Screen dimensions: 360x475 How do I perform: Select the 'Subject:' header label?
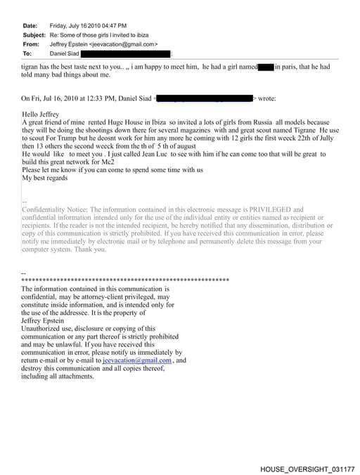click(34, 34)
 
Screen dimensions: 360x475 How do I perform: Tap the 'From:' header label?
click(31, 44)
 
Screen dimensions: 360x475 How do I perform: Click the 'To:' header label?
click(27, 53)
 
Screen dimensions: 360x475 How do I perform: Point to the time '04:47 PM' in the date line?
click(102, 25)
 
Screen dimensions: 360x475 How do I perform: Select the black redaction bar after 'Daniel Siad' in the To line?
click(126, 53)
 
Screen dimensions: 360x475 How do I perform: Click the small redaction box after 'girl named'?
click(266, 67)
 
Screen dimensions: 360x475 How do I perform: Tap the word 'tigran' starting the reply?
click(30, 67)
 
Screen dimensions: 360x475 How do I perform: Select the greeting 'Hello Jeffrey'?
click(41, 114)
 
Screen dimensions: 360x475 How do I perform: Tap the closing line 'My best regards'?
click(45, 178)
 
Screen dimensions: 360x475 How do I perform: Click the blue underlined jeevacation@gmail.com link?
click(137, 360)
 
